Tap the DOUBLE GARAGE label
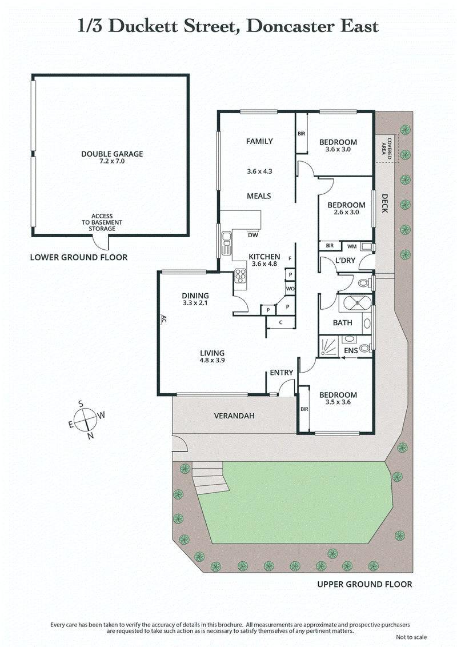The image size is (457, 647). [x=112, y=154]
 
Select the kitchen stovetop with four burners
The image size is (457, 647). [x=239, y=278]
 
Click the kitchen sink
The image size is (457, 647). [x=227, y=242]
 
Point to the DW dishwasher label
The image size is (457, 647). [x=252, y=234]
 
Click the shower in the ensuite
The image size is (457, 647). [x=328, y=346]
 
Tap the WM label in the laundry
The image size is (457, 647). [x=352, y=246]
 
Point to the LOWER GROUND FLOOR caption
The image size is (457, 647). [x=78, y=258]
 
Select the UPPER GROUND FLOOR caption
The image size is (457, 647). [x=364, y=584]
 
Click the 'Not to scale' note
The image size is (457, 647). [x=410, y=637]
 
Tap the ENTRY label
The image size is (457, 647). [x=282, y=373]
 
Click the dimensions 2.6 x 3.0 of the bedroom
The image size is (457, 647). [x=346, y=213]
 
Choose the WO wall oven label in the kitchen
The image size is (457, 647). [x=290, y=289]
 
